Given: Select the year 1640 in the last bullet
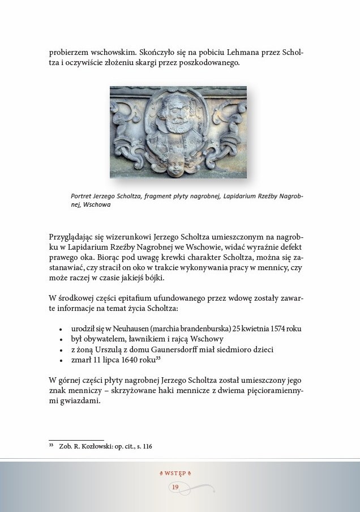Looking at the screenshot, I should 121,360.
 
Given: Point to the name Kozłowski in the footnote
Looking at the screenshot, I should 95,446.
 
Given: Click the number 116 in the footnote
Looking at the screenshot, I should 146,446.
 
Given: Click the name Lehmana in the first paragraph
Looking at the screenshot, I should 233,52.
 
